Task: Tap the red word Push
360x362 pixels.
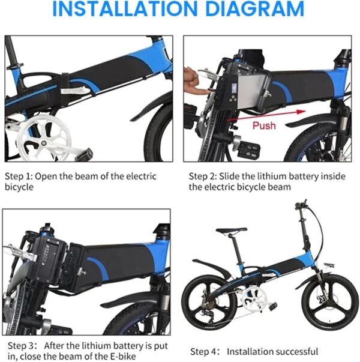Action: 264,125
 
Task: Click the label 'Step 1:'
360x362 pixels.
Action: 22,176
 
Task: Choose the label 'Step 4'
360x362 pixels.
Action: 205,351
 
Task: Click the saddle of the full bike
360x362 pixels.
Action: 232,230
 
